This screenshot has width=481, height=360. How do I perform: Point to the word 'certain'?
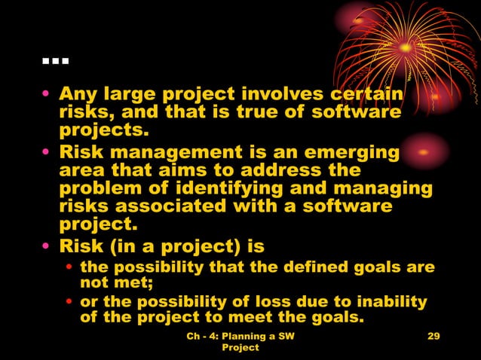365,96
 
